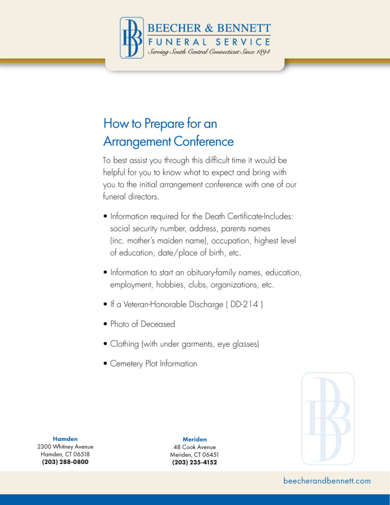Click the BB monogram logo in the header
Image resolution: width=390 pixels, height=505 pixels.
point(132,38)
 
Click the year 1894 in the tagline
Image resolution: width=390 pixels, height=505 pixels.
point(261,52)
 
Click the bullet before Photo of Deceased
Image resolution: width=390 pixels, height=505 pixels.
point(106,325)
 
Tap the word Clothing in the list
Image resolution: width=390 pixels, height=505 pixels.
point(124,344)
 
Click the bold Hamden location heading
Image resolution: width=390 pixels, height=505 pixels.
point(65,438)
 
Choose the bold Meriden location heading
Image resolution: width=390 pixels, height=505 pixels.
point(195,439)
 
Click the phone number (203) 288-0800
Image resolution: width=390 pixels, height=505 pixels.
point(65,462)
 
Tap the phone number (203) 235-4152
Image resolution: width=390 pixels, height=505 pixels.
point(195,463)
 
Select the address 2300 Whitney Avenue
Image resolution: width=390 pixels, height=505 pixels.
point(65,447)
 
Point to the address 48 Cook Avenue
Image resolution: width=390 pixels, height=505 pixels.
point(195,447)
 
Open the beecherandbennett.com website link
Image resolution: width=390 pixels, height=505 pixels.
point(327,481)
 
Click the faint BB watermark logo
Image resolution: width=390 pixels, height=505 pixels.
point(328,419)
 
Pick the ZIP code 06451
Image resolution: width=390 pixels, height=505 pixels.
point(210,455)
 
